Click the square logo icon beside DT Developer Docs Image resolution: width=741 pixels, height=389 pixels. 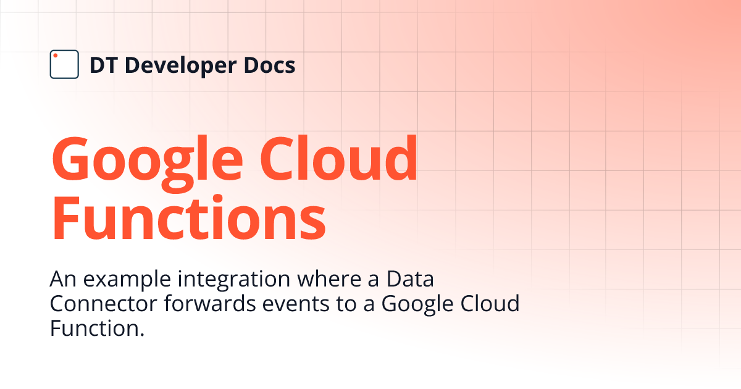coord(64,64)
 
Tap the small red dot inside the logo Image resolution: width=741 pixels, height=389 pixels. coord(56,56)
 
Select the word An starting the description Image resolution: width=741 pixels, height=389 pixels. coord(62,280)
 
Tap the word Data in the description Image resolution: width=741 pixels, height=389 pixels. coord(410,280)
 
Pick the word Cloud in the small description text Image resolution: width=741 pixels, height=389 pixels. coord(491,304)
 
